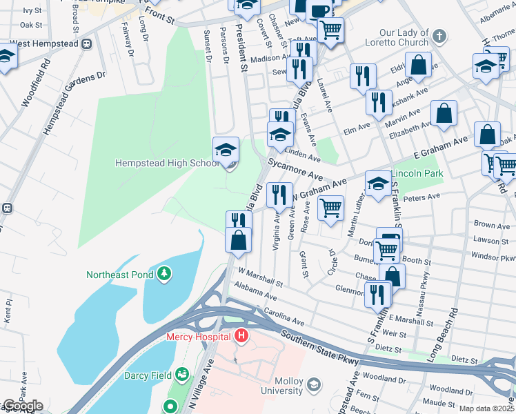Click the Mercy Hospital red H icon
241,337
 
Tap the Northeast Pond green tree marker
163,274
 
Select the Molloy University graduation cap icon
313,384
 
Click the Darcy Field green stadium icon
181,375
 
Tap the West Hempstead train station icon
87,43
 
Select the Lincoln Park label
417,173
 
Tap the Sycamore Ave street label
296,170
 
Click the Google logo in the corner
22,406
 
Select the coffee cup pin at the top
319,10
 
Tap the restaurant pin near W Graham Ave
279,194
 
